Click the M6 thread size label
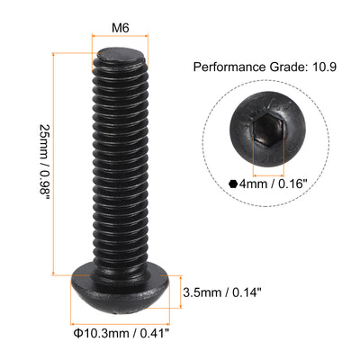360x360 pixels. coord(118,28)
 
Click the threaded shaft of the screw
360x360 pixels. coord(118,162)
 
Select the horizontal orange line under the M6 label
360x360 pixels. coord(118,42)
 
